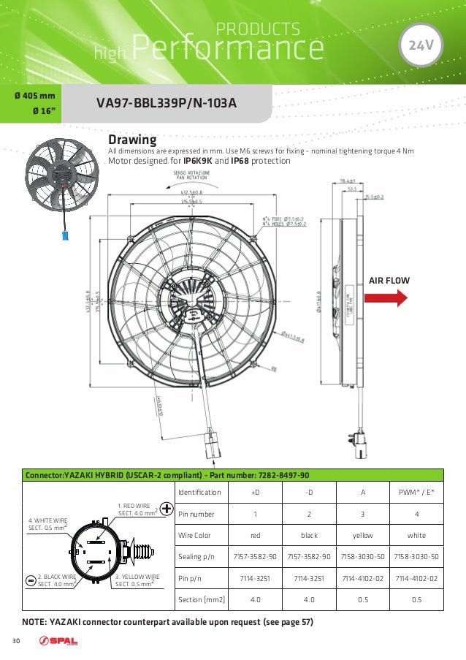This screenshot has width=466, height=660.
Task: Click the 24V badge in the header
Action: tap(421, 45)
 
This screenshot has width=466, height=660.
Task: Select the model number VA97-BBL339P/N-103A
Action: tap(167, 104)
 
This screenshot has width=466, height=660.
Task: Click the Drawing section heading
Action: tap(132, 139)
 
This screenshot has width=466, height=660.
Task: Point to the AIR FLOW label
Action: tap(389, 280)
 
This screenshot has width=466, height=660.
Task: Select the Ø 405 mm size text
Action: tap(34, 96)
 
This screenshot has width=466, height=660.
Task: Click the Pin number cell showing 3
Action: tap(363, 514)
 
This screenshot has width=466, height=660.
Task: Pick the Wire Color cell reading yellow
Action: tap(363, 535)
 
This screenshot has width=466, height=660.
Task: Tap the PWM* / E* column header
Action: tap(417, 492)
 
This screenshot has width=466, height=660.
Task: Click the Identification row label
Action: tap(200, 492)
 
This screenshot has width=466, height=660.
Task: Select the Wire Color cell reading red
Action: tap(255, 535)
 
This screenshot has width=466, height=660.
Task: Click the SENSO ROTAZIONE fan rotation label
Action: tap(191, 175)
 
